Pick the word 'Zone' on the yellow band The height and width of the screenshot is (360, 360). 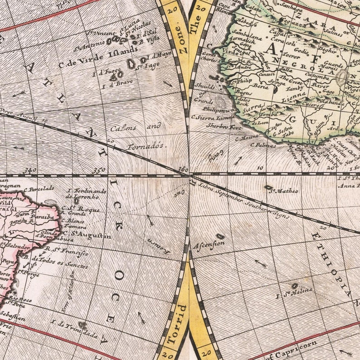click(x=181, y=39)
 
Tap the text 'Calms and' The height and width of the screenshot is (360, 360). click(x=136, y=127)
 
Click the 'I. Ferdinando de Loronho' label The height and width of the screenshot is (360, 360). click(x=86, y=194)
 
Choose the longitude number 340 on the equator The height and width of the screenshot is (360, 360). click(x=31, y=170)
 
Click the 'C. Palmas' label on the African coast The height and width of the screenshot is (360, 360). click(x=263, y=145)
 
